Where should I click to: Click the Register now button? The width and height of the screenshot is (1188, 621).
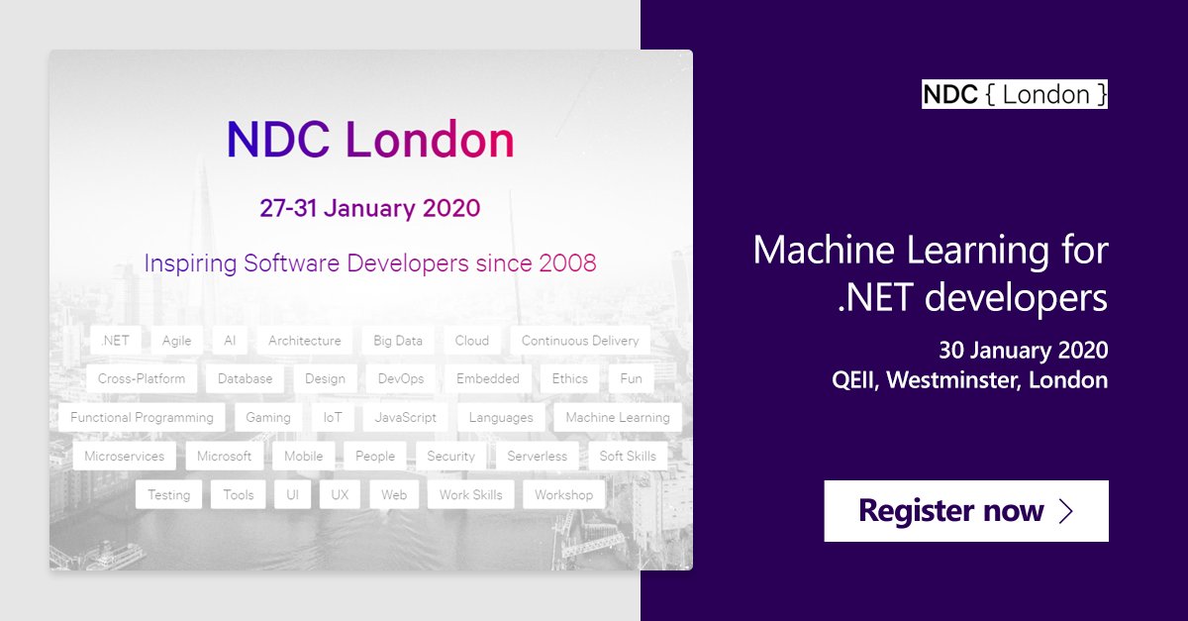coord(965,511)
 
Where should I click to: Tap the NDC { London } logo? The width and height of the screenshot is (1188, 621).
coord(1015,94)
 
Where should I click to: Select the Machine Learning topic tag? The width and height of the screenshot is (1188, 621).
coord(618,418)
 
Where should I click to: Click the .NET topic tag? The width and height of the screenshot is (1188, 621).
coord(115,341)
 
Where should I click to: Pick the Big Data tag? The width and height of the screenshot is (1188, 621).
coord(398,341)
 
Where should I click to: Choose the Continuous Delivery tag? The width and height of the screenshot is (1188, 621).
coord(580,341)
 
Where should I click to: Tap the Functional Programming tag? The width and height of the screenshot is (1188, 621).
coord(142,418)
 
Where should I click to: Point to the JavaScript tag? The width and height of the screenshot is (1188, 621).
coord(406,418)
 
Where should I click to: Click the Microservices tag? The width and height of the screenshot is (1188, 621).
coord(125,457)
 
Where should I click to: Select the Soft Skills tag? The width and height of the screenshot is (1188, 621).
coord(628,457)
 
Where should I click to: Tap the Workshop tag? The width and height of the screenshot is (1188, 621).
coord(563,495)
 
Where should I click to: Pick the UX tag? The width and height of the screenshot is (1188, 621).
coord(340,495)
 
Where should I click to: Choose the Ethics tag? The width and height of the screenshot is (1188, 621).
coord(570,379)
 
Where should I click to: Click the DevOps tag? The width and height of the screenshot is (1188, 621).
coord(401,379)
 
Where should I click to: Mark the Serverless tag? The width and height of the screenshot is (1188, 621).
coord(538,457)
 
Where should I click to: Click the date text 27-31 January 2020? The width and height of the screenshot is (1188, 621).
coord(369,208)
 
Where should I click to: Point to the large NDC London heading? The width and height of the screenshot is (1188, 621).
coord(370,141)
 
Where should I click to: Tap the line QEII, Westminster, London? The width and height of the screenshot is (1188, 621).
coord(969,380)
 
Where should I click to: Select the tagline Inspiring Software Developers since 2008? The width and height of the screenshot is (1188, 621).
coord(370,263)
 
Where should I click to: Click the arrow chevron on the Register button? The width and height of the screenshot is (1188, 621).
coord(1066,511)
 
